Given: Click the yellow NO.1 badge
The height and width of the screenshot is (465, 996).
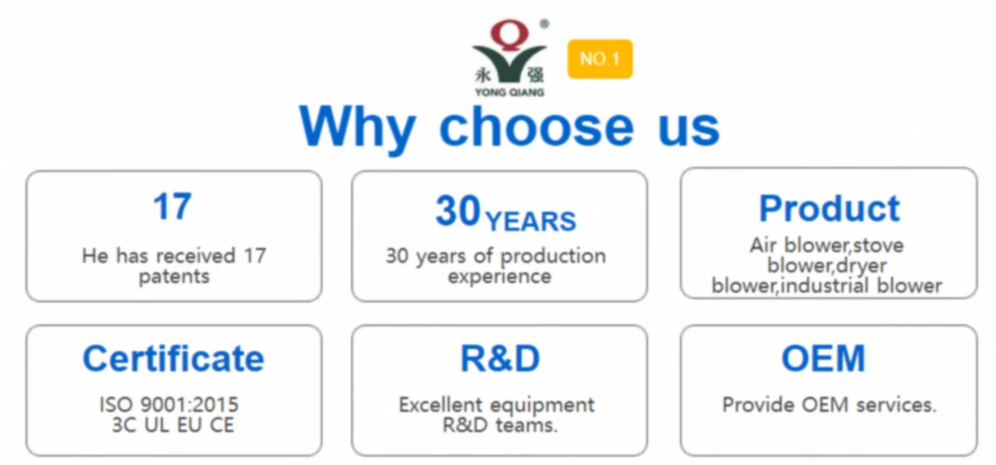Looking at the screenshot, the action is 600,59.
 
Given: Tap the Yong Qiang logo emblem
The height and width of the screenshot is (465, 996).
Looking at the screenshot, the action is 510,58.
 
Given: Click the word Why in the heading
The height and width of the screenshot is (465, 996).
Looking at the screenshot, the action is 357,128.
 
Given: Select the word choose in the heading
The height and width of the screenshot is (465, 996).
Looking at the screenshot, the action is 536,127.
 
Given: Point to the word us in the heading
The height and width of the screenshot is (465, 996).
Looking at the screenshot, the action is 689,131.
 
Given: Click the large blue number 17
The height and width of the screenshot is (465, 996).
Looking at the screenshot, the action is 172,206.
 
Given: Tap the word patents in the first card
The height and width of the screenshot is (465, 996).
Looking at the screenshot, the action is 174,277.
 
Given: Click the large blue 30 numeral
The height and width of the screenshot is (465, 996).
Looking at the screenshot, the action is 458,211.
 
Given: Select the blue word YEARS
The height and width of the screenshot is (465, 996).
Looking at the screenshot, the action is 530,221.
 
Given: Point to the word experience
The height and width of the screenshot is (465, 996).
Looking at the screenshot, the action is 500,277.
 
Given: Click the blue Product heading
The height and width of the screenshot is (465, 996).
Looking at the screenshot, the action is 829,209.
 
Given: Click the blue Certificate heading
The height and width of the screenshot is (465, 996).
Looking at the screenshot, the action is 173,359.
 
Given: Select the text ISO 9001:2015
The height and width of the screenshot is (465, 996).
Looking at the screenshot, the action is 169,405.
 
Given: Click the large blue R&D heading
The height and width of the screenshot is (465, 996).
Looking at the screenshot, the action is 500,359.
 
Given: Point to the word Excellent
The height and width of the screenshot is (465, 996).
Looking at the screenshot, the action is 440,405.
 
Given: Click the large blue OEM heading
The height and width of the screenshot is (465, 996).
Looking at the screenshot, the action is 823,359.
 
